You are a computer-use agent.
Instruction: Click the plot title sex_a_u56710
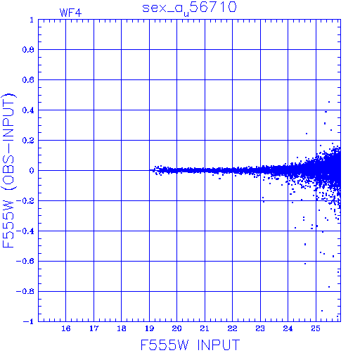pos(189,8)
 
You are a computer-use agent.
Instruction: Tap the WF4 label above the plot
pos(70,13)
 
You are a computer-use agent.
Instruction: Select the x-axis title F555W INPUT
pos(190,345)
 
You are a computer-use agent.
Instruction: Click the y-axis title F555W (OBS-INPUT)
pos(8,170)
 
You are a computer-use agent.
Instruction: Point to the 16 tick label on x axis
pos(66,328)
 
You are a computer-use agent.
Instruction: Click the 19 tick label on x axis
pos(149,328)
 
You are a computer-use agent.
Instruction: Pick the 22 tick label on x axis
pos(232,328)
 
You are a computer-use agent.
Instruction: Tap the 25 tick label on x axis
pos(316,328)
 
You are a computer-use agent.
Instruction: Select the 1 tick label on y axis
pos(32,20)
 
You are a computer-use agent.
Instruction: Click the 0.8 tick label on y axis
pos(28,50)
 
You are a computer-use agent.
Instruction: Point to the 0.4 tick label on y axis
pos(28,110)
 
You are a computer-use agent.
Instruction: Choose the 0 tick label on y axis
pos(32,171)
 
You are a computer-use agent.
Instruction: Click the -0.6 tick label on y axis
pos(25,261)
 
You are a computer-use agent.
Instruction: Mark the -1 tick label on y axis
pos(29,321)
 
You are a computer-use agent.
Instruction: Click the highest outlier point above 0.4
pos(329,102)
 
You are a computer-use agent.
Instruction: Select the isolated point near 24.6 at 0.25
pos(307,134)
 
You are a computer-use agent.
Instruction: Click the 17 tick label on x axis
pos(94,328)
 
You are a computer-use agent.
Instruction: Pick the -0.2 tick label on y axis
pos(25,201)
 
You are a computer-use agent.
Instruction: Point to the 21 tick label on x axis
pos(205,328)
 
